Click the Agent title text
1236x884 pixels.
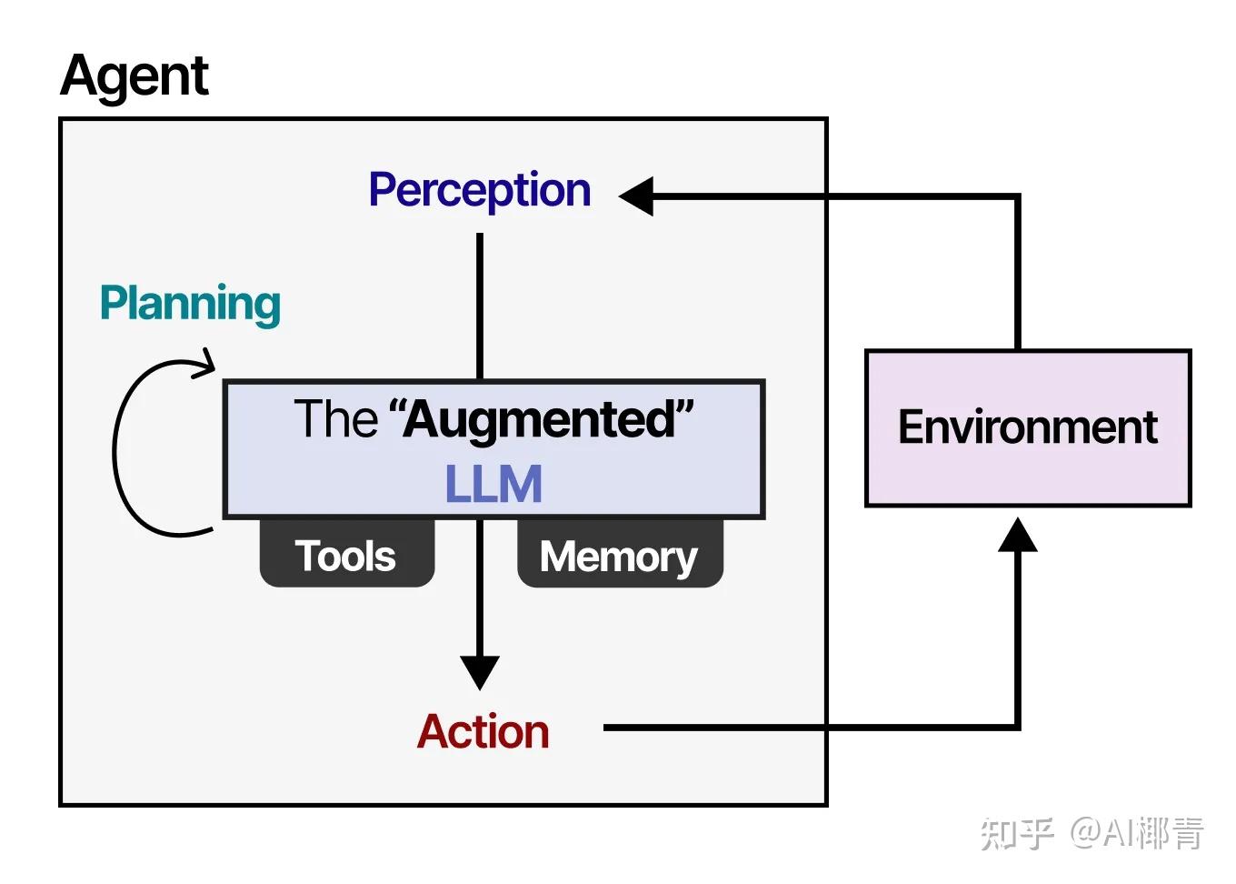135,76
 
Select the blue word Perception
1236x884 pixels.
479,191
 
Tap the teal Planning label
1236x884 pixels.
190,304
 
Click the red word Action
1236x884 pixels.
483,732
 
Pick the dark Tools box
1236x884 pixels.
346,555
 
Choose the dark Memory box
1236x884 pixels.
619,555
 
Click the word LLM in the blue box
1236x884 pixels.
493,484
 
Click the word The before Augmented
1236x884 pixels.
334,419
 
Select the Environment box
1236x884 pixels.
1027,427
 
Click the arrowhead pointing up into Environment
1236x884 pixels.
1017,536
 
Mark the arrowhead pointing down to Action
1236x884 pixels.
480,672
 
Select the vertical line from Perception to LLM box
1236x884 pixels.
480,305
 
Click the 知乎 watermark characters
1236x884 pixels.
1016,833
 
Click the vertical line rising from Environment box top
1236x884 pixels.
1017,273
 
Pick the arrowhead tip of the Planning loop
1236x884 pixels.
213,367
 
